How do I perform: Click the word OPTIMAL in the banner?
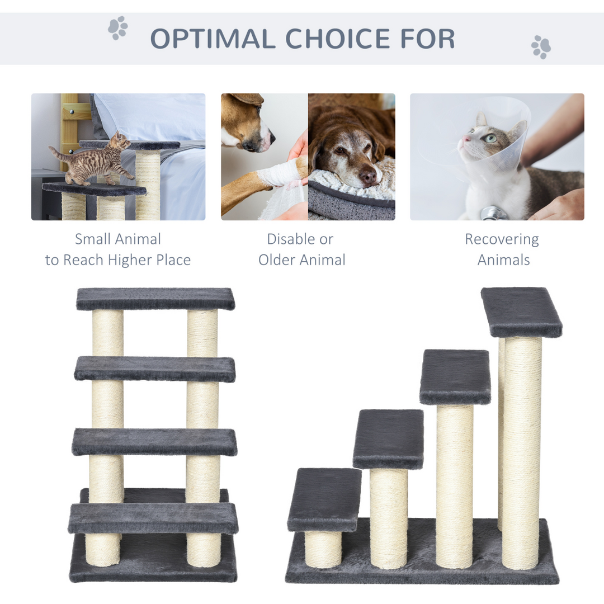pos(213,39)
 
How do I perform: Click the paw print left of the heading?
pos(118,27)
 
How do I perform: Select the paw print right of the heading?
pos(541,47)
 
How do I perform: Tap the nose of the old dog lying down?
pos(367,178)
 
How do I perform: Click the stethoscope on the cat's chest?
pos(492,213)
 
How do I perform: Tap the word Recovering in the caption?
pos(502,239)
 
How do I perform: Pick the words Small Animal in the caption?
pos(118,239)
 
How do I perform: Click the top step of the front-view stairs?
pos(155,299)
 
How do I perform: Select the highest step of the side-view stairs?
pos(521,312)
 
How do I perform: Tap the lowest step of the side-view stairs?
pos(324,499)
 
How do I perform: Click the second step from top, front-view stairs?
pos(155,369)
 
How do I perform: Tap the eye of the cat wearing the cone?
pos(490,138)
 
